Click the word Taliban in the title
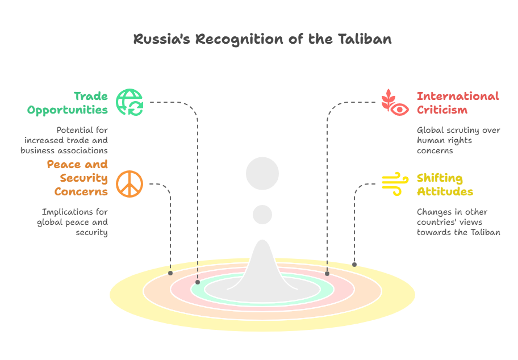[x=365, y=39]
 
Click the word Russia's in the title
[x=162, y=39]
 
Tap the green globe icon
[x=129, y=102]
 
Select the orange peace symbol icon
[x=129, y=184]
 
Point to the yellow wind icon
[x=395, y=184]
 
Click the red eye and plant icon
[x=395, y=102]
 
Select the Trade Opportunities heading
[x=68, y=103]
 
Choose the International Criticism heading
[x=458, y=103]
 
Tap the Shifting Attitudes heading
[x=445, y=185]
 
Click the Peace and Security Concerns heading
[x=78, y=178]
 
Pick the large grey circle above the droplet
[x=262, y=173]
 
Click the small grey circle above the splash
[x=262, y=215]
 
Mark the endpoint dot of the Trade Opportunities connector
[x=198, y=282]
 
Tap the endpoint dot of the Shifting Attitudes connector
[x=354, y=265]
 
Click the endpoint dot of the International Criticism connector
[x=327, y=274]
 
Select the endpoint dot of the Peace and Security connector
[x=170, y=273]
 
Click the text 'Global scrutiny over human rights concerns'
[x=458, y=140]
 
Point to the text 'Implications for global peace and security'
[x=73, y=222]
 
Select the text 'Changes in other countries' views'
[x=452, y=217]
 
